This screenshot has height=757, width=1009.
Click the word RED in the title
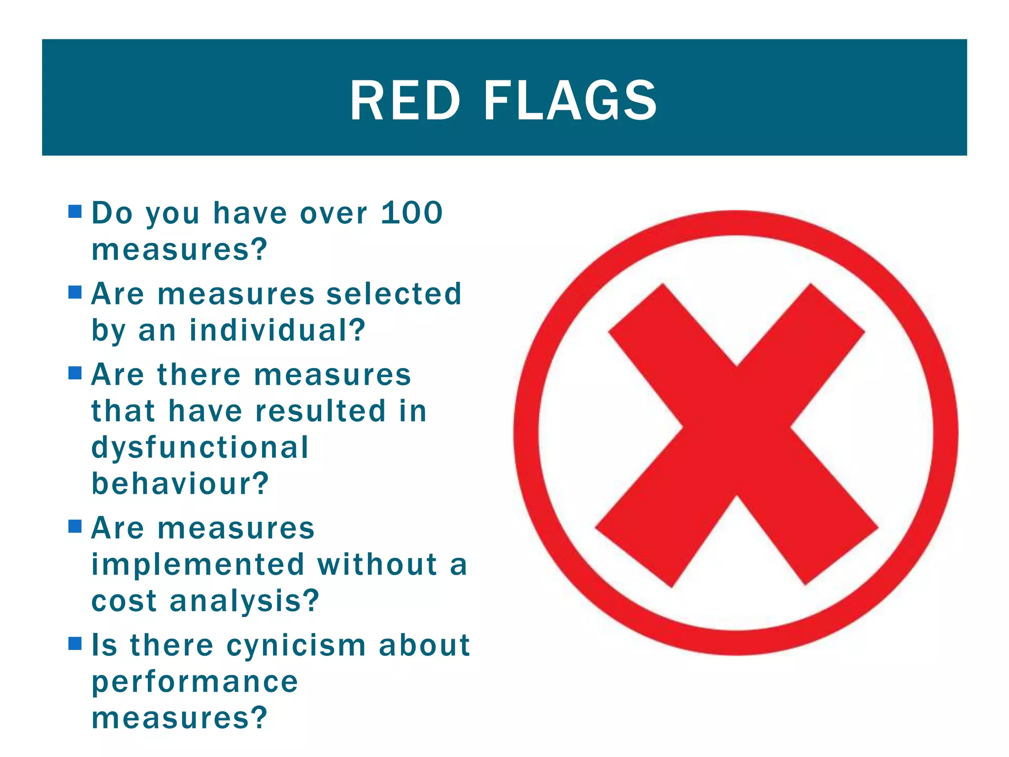(405, 101)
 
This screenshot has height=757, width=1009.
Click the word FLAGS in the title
(570, 101)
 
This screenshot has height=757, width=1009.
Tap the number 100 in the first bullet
(412, 213)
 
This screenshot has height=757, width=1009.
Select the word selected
(394, 294)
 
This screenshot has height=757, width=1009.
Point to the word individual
(277, 330)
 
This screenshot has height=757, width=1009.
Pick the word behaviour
(180, 483)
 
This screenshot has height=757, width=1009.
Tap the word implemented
(198, 564)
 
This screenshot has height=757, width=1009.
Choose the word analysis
(244, 601)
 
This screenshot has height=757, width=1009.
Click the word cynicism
(297, 646)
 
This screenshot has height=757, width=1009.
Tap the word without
(377, 564)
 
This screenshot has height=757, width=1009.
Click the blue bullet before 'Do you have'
(75, 212)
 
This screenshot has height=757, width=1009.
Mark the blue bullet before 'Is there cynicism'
(75, 644)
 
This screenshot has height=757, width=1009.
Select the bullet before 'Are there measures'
(75, 373)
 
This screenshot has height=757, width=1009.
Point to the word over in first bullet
(334, 214)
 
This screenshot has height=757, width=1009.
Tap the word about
(424, 646)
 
